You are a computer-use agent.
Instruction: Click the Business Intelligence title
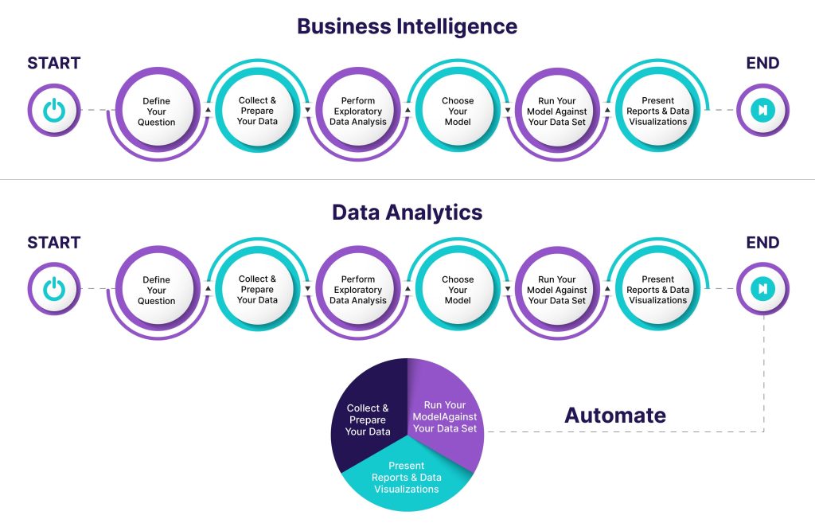click(x=407, y=26)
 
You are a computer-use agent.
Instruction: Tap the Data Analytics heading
click(x=407, y=213)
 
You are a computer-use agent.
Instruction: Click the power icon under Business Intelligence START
click(x=54, y=111)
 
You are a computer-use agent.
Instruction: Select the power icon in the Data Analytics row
click(x=54, y=289)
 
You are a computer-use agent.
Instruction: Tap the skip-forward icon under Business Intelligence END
click(x=762, y=111)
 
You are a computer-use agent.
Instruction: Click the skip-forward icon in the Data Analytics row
click(x=762, y=289)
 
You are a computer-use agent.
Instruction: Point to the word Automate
click(x=614, y=415)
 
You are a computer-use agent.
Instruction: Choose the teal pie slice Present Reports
click(x=406, y=478)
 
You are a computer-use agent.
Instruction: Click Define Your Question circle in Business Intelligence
click(x=157, y=111)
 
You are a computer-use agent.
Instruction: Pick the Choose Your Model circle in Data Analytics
click(x=458, y=290)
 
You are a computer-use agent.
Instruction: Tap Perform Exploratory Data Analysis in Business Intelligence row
click(x=358, y=111)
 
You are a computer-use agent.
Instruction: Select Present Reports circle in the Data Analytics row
click(x=657, y=290)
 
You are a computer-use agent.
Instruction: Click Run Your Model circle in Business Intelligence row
click(x=557, y=111)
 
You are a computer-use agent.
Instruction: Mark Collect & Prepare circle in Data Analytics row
click(x=257, y=290)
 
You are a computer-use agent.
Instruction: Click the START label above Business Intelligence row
click(x=54, y=64)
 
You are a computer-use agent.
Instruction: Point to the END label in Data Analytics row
click(x=762, y=243)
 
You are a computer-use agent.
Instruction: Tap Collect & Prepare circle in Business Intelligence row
click(x=257, y=111)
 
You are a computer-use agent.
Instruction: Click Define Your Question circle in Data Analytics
click(x=157, y=290)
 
